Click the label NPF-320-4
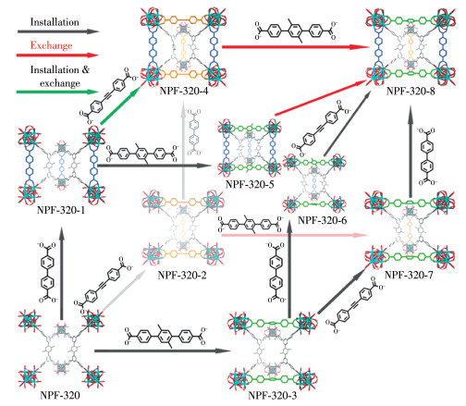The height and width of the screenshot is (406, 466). coord(184,91)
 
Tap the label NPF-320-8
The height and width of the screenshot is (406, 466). coord(411,91)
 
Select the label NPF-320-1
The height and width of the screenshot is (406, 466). coord(61,210)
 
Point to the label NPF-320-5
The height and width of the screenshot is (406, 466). coord(250,184)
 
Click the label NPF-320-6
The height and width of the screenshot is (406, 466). coord(322,220)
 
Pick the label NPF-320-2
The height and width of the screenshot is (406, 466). coord(182,275)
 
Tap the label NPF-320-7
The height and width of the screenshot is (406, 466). coord(409,275)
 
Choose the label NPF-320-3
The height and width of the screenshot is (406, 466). coord(273,395)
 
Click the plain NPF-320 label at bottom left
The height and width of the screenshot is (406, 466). coord(60,395)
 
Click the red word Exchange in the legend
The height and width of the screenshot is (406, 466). coord(51,45)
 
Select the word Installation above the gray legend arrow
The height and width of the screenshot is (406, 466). coord(55,22)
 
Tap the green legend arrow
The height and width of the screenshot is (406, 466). coord(57,92)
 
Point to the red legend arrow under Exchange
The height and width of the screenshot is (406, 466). coord(57,55)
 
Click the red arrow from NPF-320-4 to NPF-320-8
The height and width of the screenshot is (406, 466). coord(295,47)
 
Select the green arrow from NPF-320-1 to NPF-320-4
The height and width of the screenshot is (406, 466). coord(120,105)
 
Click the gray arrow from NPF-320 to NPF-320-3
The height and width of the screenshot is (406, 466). coord(163,351)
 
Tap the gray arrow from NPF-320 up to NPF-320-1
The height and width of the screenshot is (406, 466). coord(62,274)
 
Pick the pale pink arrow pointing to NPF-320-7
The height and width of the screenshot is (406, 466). coord(295,235)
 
